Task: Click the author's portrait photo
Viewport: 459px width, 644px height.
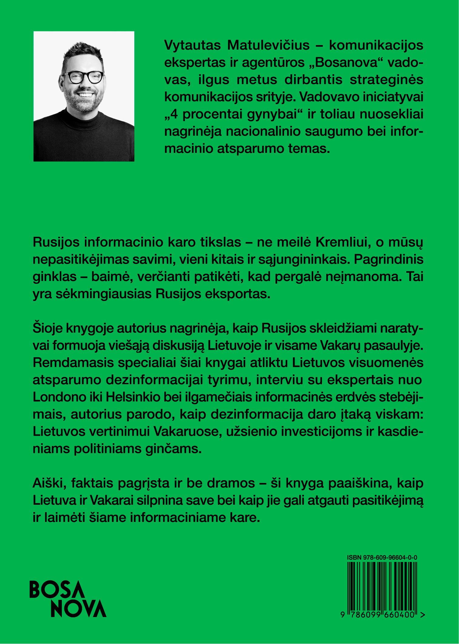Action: pyautogui.click(x=84, y=96)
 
